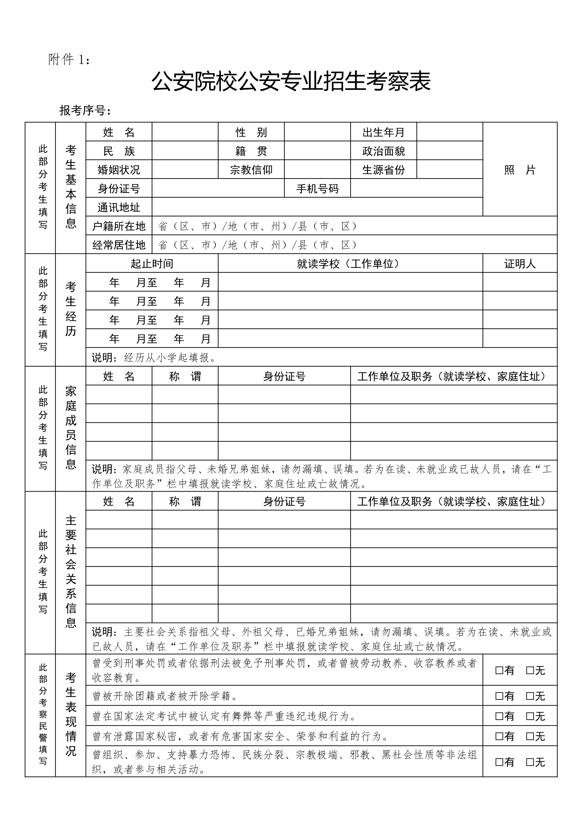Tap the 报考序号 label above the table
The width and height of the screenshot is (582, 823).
[85, 110]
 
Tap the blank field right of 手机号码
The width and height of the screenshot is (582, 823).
[416, 188]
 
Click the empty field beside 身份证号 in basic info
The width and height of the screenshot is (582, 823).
[218, 188]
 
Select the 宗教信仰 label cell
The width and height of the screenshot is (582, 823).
[251, 169]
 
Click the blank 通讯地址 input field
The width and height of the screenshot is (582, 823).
[317, 207]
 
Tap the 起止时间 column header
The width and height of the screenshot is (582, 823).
[152, 264]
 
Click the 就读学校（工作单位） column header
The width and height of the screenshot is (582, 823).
[350, 264]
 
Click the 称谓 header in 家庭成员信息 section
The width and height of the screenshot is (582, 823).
[185, 376]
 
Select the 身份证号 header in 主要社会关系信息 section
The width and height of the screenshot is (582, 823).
[284, 501]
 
